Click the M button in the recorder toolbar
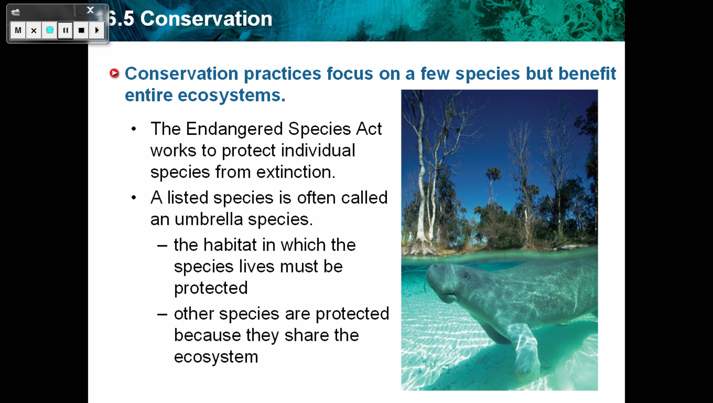pyautogui.click(x=18, y=30)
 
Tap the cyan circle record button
pyautogui.click(x=50, y=30)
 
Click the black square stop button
pyautogui.click(x=81, y=30)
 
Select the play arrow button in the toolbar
pyautogui.click(x=97, y=30)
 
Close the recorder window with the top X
pyautogui.click(x=90, y=10)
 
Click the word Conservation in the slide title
pyautogui.click(x=206, y=19)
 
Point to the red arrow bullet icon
pyautogui.click(x=114, y=73)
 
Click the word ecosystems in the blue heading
pyautogui.click(x=232, y=96)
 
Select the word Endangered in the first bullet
pyautogui.click(x=234, y=129)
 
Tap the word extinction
pyautogui.click(x=296, y=172)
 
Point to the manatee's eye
pyautogui.click(x=466, y=276)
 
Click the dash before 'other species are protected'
pyautogui.click(x=162, y=314)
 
